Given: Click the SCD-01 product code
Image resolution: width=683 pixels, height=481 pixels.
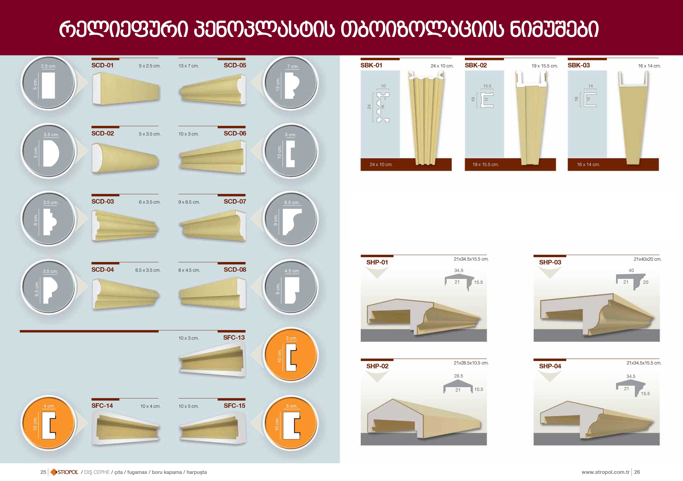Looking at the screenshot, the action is coord(102,65).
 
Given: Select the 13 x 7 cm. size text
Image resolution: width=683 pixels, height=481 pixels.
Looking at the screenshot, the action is coord(189,66).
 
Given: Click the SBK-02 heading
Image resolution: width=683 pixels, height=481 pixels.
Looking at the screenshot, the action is coord(476,65).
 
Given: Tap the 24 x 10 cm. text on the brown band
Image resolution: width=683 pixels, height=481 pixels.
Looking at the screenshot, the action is coord(381,164).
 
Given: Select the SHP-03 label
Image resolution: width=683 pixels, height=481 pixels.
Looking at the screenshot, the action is coord(550,262).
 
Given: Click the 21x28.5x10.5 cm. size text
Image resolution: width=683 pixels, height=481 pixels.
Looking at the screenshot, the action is coord(471,363).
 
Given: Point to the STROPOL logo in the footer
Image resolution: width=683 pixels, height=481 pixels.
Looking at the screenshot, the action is coord(65,472).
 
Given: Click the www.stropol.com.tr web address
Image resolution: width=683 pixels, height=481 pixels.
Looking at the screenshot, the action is coord(605,472).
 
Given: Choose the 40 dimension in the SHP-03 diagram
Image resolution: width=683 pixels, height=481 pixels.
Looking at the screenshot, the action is coord(631,270).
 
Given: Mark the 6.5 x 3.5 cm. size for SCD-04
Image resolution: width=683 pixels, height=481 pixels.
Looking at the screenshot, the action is coord(148,270).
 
